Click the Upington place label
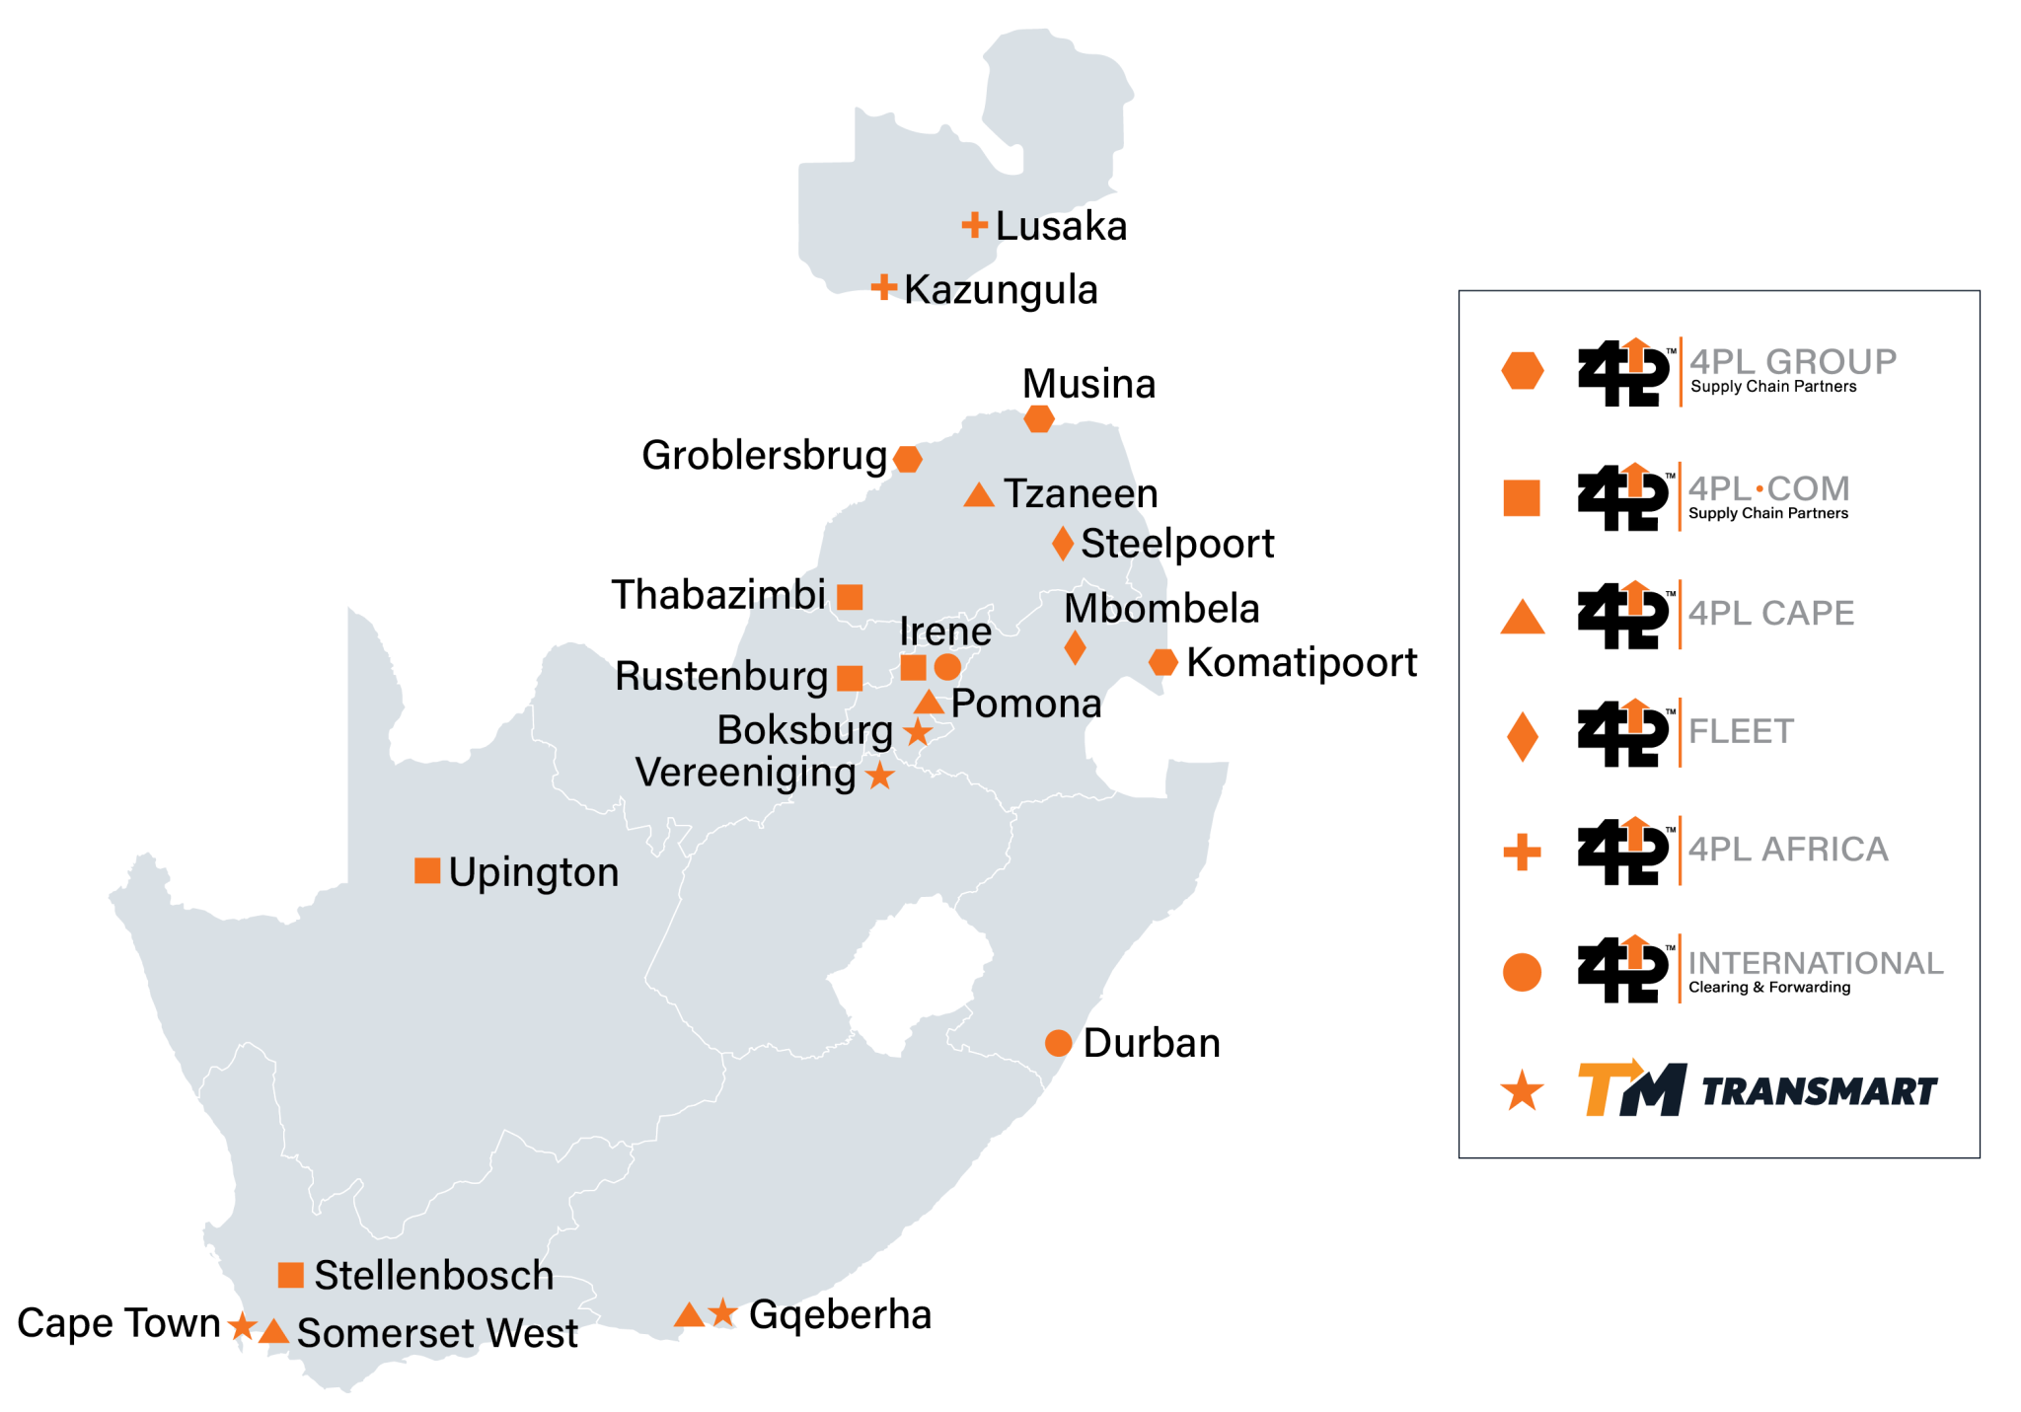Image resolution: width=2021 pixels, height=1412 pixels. click(534, 872)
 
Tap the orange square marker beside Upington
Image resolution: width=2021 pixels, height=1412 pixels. click(427, 870)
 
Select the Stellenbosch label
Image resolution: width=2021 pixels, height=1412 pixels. click(433, 1275)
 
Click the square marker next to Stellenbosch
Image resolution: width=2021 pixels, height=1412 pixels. click(290, 1275)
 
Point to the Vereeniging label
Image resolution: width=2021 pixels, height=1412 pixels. click(745, 773)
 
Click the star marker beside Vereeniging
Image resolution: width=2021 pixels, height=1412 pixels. click(880, 776)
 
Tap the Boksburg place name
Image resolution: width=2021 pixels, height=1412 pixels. click(804, 730)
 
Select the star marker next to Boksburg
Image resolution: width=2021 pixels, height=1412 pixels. click(918, 732)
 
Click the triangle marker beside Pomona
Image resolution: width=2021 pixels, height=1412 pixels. click(929, 703)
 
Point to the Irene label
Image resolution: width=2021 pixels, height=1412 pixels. click(945, 632)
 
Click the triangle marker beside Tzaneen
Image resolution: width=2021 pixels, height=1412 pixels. click(979, 495)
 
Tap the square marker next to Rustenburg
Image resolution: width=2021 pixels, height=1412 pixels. click(850, 678)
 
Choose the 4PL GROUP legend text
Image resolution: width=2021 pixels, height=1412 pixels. click(1792, 362)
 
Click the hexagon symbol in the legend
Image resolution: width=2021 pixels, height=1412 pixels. click(1522, 370)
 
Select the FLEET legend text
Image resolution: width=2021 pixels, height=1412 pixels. click(1741, 732)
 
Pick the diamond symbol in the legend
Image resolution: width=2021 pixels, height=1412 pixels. click(1522, 736)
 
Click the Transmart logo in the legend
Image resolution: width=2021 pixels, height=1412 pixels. click(1757, 1090)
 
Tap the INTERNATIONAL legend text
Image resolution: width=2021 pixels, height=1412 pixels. click(1816, 963)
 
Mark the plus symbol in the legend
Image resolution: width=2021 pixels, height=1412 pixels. click(1522, 853)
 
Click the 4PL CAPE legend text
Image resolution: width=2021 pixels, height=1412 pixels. click(1771, 614)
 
